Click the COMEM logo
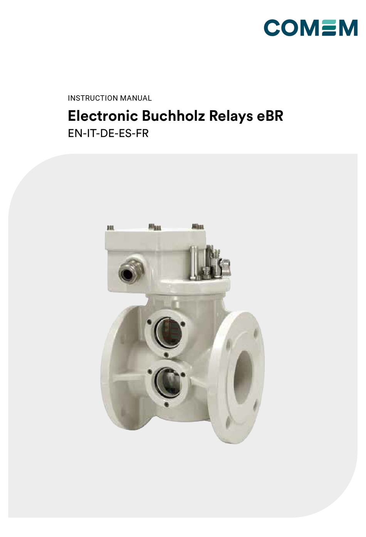(311, 28)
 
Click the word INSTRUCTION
(92, 98)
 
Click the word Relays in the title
(230, 116)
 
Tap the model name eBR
(270, 116)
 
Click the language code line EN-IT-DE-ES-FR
(108, 133)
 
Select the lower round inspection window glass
(168, 381)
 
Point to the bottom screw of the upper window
(166, 354)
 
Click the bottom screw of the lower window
(166, 404)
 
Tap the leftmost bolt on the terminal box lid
(109, 228)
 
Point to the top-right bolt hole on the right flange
(254, 333)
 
